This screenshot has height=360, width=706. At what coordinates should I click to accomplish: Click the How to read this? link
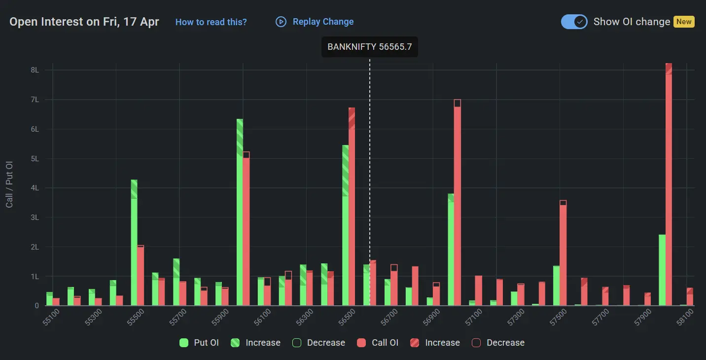(211, 22)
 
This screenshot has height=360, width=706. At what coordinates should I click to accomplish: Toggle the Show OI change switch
(574, 22)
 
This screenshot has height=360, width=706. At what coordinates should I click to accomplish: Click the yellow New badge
(684, 22)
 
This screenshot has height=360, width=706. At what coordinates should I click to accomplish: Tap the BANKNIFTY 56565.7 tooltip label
(370, 47)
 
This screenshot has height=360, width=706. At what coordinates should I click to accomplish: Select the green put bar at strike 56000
(240, 212)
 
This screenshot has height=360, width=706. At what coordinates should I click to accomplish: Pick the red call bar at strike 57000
(458, 202)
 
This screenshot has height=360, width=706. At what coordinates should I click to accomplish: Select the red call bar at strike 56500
(352, 207)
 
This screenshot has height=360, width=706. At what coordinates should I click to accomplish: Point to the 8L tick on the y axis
(35, 70)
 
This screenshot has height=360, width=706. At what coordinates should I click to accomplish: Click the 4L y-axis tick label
(35, 188)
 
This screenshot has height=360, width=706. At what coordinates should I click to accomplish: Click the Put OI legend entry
(200, 343)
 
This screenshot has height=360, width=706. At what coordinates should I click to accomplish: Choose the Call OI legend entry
(379, 343)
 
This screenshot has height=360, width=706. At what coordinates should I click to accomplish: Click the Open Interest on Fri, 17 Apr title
(84, 22)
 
